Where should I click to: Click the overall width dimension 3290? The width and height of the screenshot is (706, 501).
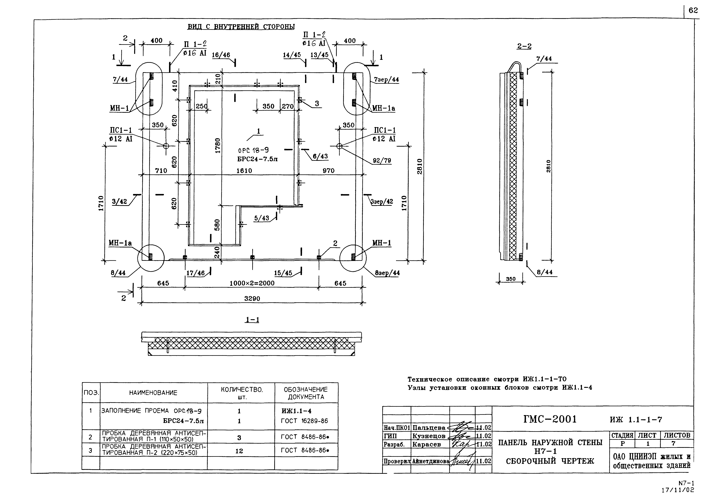click(x=252, y=299)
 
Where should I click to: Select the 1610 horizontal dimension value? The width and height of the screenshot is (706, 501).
click(x=244, y=171)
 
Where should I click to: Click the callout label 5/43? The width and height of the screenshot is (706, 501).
click(x=262, y=218)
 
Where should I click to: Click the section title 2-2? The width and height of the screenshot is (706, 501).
click(x=524, y=47)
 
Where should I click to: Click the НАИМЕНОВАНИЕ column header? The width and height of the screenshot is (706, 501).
click(x=153, y=393)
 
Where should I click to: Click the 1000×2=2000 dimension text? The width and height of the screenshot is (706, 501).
click(x=252, y=283)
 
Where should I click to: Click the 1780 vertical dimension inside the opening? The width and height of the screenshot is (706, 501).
click(x=218, y=146)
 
